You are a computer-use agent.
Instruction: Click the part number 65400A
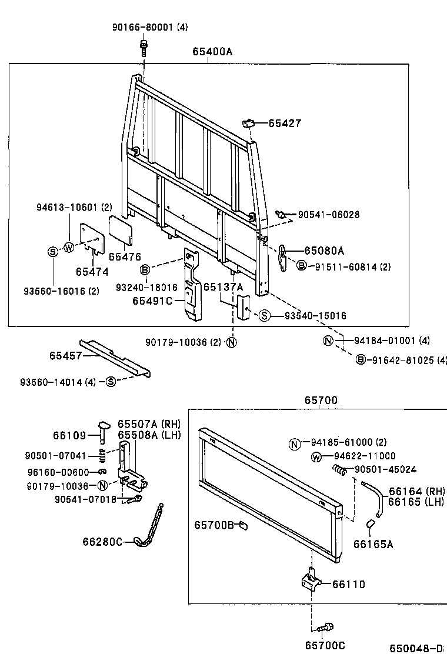tap(212, 52)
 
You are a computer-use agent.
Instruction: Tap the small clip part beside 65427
tap(248, 124)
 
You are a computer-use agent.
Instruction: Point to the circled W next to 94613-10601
tap(69, 247)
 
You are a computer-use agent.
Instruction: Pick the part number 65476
tap(125, 256)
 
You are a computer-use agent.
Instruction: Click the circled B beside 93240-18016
tap(145, 270)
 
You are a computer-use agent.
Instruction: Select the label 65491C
tap(152, 301)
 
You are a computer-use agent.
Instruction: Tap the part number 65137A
tap(223, 286)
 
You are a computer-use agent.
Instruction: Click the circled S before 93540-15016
tap(264, 316)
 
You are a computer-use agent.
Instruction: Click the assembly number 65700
tap(321, 401)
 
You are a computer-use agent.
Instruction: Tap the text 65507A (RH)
tap(149, 424)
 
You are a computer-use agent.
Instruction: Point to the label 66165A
tap(373, 545)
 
